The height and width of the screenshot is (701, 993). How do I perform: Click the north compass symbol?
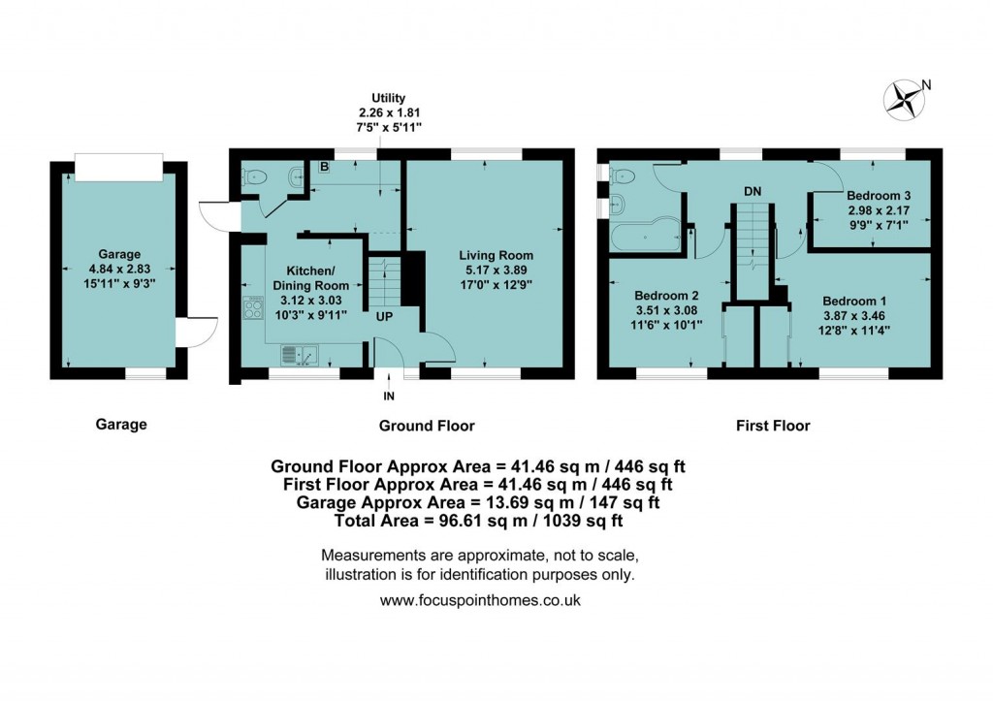905,96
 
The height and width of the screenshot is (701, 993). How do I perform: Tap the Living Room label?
496,256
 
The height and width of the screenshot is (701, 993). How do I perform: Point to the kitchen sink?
300,356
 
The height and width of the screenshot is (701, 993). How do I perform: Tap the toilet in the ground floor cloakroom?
255,175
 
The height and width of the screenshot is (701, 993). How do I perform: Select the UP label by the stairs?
385,316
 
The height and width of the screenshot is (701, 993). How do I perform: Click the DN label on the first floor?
753,191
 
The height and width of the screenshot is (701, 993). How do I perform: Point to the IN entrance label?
389,396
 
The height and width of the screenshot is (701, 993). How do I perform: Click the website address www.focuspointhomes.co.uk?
480,600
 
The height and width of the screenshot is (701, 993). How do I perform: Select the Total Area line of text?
480,521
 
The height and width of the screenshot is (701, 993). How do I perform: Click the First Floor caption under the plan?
771,425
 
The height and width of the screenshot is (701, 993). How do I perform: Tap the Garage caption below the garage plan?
121,424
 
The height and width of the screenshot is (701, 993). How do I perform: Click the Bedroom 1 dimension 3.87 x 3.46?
854,315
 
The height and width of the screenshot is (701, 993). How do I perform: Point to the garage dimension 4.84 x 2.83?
120,271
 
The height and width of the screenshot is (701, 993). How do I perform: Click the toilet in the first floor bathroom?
622,175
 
